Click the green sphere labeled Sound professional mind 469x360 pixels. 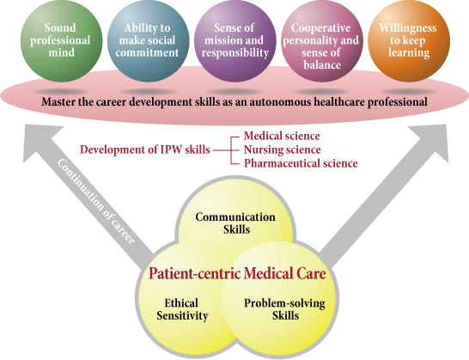(x=61, y=41)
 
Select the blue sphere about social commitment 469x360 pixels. (x=148, y=41)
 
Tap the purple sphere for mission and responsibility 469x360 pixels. (x=235, y=41)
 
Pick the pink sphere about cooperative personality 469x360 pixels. (x=322, y=41)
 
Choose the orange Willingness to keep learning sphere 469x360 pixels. (x=409, y=41)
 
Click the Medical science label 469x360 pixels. (x=282, y=136)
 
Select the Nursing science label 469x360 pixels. (x=283, y=149)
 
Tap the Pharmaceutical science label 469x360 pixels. (x=301, y=163)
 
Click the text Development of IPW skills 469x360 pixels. (x=145, y=149)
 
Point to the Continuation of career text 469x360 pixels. (x=95, y=202)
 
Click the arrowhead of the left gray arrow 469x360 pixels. (x=42, y=141)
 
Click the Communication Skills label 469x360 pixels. (x=235, y=223)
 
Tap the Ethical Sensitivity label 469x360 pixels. (x=182, y=309)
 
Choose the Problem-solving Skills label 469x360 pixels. (x=285, y=309)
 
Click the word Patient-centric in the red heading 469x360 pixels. (x=194, y=273)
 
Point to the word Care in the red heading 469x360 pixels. (x=311, y=273)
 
